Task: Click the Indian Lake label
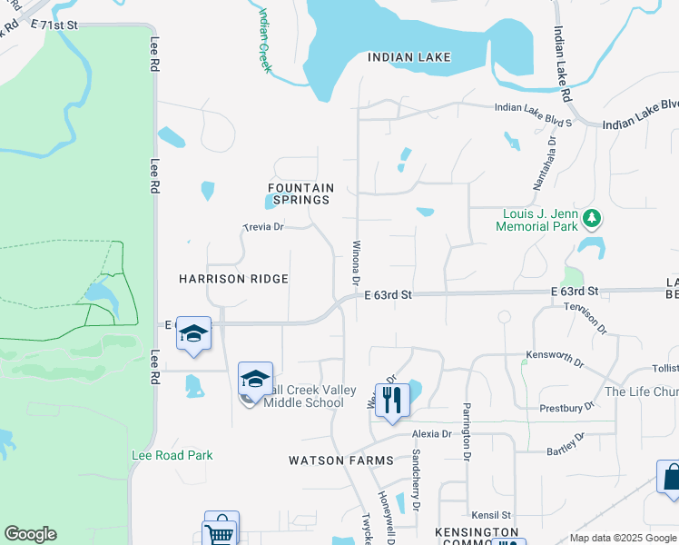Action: click(x=409, y=57)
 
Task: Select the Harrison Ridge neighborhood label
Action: click(x=233, y=279)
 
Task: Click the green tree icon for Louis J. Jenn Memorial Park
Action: click(x=592, y=218)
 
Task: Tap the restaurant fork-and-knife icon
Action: click(x=392, y=400)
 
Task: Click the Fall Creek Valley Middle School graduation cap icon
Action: click(x=256, y=378)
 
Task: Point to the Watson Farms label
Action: click(x=341, y=461)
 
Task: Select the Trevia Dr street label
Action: click(x=264, y=227)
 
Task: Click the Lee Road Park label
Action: click(x=172, y=455)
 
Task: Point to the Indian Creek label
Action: click(x=265, y=41)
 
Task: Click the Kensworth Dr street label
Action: click(x=555, y=358)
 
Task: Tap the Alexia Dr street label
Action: click(x=431, y=434)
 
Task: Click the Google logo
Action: click(x=30, y=534)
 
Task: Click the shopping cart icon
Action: click(x=221, y=530)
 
